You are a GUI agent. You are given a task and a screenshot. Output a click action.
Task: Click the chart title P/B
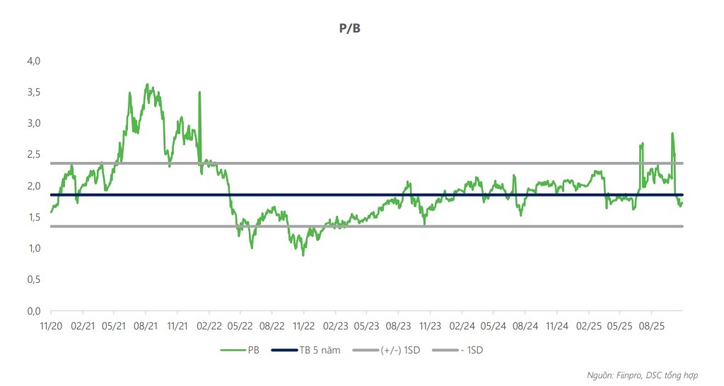(350, 29)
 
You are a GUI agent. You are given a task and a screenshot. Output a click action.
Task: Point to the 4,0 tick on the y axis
(34, 62)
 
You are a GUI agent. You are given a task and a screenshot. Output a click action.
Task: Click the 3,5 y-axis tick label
(34, 93)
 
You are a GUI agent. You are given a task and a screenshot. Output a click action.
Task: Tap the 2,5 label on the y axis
(34, 155)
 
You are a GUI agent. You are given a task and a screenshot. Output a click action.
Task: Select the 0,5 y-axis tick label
(34, 280)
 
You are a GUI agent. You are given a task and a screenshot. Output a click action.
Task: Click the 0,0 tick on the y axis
(34, 311)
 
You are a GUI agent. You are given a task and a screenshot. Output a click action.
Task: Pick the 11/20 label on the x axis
(51, 326)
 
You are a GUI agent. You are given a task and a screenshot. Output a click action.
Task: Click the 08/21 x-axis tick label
(146, 326)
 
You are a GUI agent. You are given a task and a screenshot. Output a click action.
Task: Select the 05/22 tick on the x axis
(240, 326)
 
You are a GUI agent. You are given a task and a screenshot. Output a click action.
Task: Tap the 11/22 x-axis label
(303, 326)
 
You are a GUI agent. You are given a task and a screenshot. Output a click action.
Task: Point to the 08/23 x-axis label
(399, 326)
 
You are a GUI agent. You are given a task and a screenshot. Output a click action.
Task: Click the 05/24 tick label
(494, 326)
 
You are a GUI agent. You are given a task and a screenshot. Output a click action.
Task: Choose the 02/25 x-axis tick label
(588, 326)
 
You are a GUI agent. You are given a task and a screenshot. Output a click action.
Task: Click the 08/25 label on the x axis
(651, 326)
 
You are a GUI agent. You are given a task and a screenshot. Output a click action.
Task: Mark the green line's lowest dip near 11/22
(303, 255)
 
